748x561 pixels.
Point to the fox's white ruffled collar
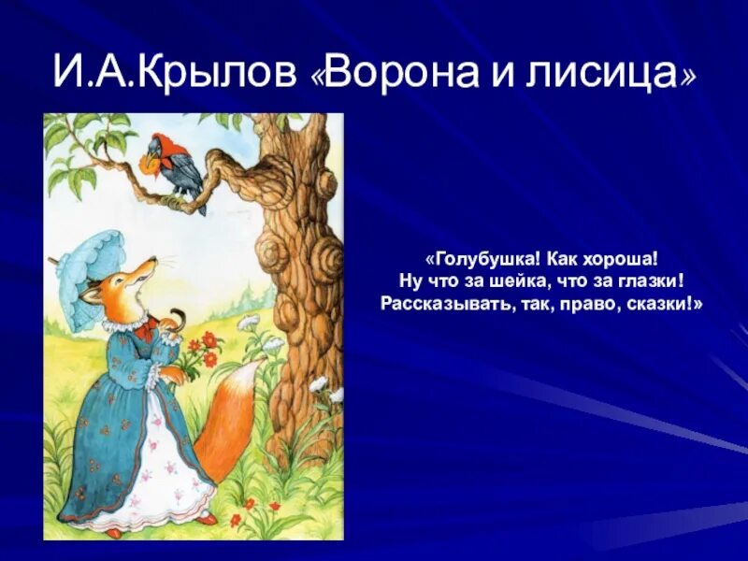pyautogui.click(x=127, y=322)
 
